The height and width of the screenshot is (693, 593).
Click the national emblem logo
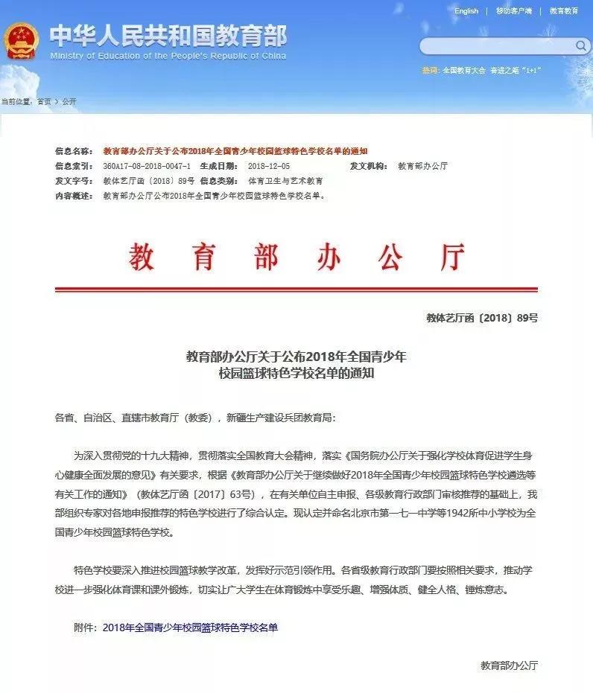[x=22, y=41]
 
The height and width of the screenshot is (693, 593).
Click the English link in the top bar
[x=466, y=11]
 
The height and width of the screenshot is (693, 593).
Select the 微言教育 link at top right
[x=564, y=11]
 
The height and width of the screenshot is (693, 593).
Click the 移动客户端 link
[x=514, y=11]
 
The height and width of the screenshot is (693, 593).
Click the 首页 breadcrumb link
[x=45, y=101]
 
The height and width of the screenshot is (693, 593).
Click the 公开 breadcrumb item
[x=69, y=101]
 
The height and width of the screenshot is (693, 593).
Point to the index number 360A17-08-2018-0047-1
[x=147, y=166]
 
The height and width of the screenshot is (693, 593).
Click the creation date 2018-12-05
[x=269, y=166]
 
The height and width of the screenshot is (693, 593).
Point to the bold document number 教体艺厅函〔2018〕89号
[x=482, y=318]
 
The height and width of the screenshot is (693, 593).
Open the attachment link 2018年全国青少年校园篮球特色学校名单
[x=190, y=627]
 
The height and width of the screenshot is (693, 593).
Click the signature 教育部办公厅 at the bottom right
[x=509, y=665]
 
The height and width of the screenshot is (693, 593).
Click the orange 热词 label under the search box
[x=430, y=70]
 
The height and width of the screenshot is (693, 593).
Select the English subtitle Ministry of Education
[x=167, y=56]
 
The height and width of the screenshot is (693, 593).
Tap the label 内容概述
[x=73, y=196]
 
